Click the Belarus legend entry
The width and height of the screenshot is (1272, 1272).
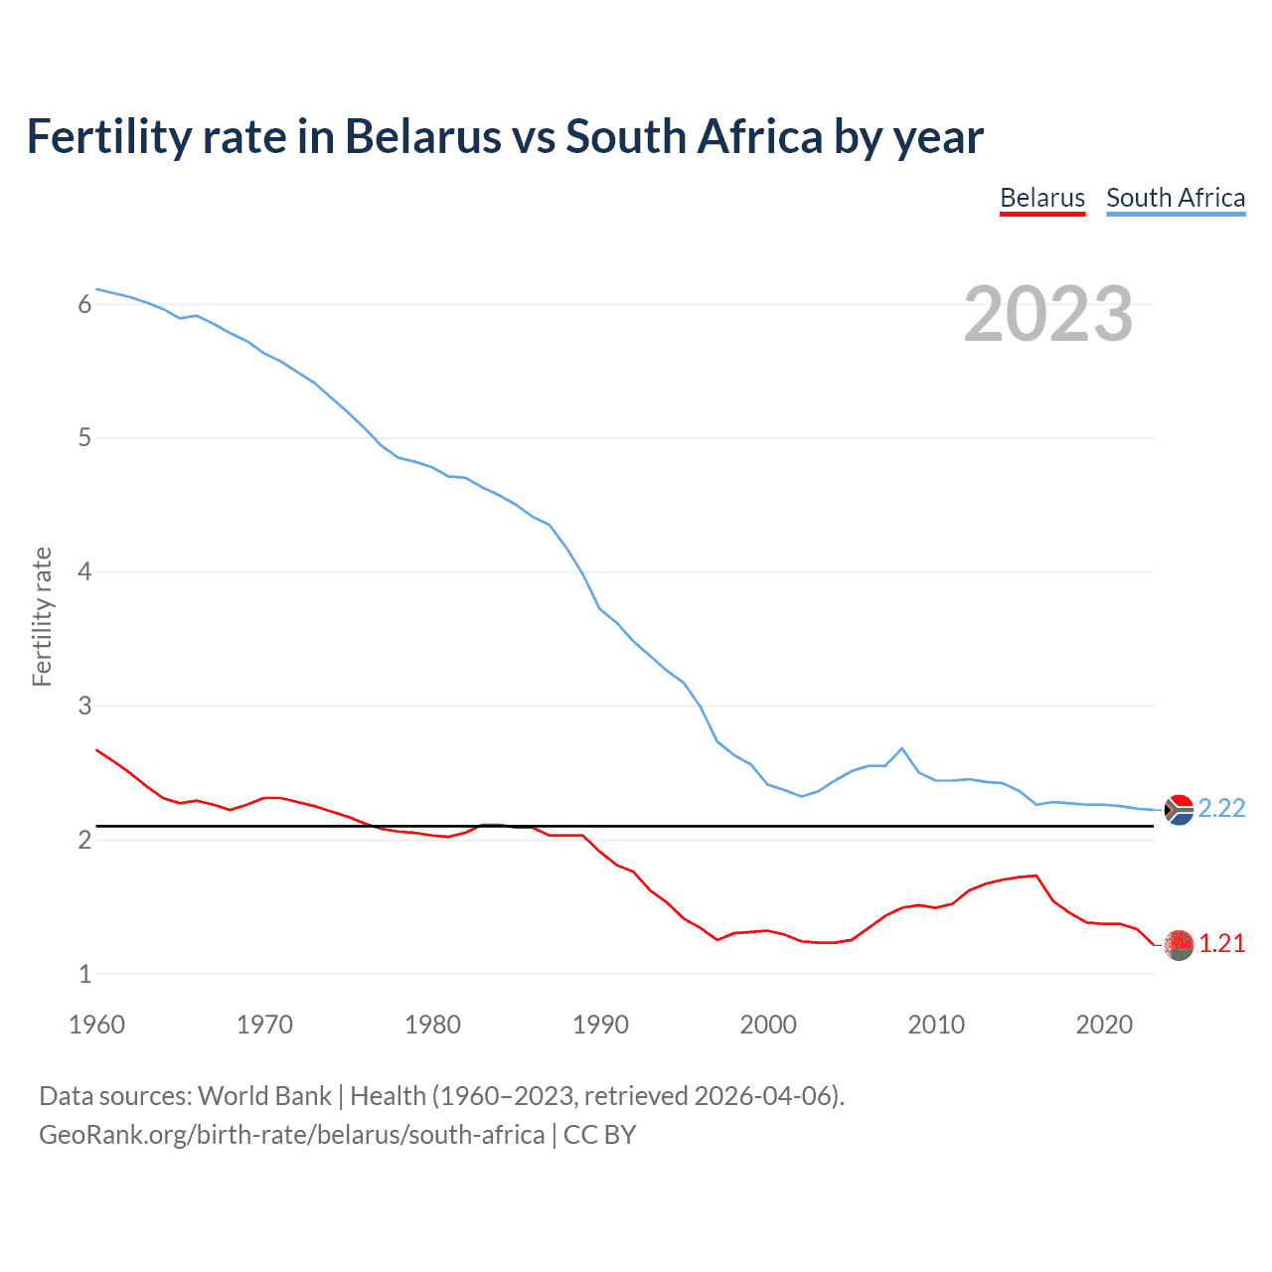tap(1041, 198)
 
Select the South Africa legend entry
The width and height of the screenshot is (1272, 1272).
tap(1175, 198)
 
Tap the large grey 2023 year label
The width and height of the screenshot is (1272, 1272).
tap(1047, 314)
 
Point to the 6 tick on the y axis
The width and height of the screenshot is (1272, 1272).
tap(84, 304)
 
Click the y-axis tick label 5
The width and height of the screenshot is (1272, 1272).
tap(84, 438)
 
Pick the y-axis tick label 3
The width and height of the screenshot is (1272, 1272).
tap(84, 707)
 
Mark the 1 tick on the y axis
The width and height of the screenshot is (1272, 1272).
tap(84, 975)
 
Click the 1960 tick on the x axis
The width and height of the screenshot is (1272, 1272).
tap(96, 1025)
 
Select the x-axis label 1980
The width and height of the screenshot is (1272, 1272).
tap(432, 1025)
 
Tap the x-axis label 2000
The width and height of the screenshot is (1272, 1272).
tap(768, 1025)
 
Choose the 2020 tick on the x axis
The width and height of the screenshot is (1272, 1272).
tap(1104, 1025)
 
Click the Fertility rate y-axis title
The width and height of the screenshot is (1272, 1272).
tap(42, 616)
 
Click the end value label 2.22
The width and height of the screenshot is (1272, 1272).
tap(1221, 809)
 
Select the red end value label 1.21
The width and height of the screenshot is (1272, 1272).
tap(1221, 944)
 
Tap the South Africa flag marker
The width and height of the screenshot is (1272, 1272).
tap(1179, 811)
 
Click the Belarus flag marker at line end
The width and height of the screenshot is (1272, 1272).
tap(1179, 945)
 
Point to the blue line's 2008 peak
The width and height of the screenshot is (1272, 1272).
tap(901, 748)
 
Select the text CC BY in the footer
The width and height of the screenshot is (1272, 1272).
tap(599, 1135)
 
